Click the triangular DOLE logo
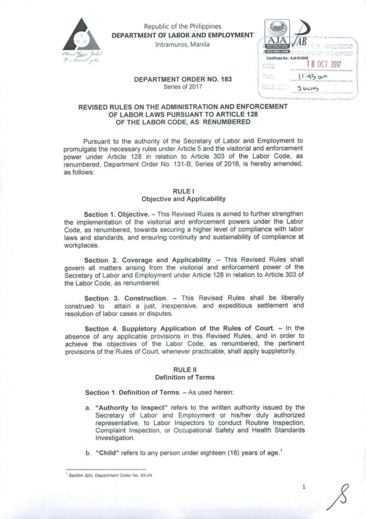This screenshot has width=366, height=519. (x=82, y=35)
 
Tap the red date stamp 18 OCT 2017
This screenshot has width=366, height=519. (x=323, y=64)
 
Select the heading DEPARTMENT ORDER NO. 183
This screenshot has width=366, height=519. (x=183, y=79)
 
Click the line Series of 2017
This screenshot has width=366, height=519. (x=183, y=87)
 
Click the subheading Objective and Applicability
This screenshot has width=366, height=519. (x=184, y=199)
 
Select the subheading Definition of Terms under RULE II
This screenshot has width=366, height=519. (x=185, y=377)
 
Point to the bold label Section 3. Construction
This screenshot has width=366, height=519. (x=125, y=298)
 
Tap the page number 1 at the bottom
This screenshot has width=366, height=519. (x=304, y=487)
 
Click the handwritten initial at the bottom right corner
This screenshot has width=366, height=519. (x=339, y=497)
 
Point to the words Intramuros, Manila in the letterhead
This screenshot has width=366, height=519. (x=182, y=44)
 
